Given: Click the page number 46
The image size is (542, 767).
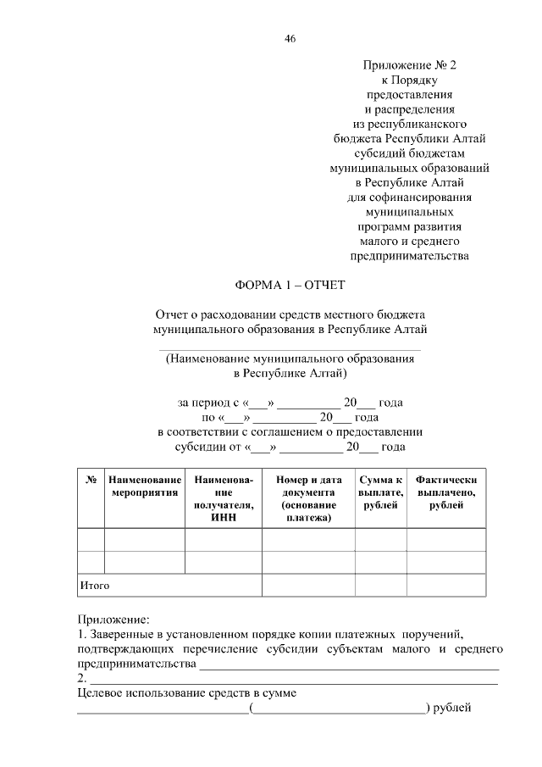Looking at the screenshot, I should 290,39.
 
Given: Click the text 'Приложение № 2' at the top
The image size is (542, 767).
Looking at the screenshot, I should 409,64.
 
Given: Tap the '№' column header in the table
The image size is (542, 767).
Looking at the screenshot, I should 91,480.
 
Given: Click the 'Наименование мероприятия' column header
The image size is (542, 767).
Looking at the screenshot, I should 145,486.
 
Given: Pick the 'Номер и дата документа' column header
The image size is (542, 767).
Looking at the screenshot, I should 308,498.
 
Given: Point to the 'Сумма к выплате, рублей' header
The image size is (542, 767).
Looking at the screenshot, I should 380,492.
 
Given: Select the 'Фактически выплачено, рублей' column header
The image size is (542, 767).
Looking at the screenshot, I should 445,492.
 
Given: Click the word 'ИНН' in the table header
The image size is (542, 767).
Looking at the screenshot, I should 224,518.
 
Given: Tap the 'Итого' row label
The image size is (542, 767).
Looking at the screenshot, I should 95,586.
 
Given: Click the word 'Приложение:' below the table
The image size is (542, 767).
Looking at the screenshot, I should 113,620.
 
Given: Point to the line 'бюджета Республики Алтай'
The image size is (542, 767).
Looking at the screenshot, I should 409,138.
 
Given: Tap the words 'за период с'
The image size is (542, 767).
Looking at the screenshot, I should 207,403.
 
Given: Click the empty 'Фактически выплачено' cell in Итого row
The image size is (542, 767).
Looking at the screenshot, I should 445,586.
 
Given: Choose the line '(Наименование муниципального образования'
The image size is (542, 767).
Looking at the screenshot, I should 290,358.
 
